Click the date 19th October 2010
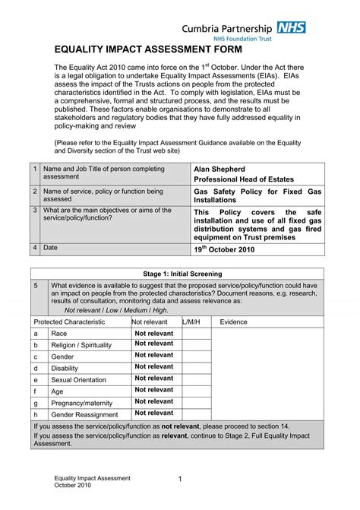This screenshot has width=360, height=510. pos(229,249)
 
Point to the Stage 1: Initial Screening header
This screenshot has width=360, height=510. pos(182,273)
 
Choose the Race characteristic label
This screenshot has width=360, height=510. pos(59,334)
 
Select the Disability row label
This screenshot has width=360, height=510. pos(65,368)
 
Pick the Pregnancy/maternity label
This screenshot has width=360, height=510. pos(84,402)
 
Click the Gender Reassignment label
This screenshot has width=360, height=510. pos(85,414)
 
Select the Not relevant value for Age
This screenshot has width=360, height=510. pos(154,389)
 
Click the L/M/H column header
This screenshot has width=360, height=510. pos(191,322)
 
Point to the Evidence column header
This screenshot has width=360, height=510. pos(234,322)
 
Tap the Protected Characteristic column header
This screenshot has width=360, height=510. pos(71,322)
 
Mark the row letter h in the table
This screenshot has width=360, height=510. pos(36,414)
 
